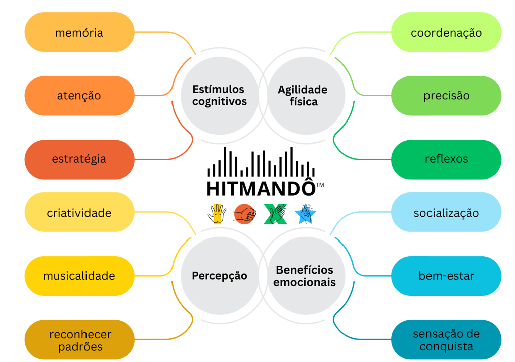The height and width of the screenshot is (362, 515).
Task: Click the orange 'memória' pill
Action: click(x=79, y=32)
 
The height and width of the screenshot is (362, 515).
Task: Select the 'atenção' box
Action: click(x=79, y=95)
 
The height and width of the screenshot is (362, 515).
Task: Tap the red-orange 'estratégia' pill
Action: click(x=79, y=159)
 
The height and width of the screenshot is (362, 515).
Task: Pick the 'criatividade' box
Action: click(x=79, y=212)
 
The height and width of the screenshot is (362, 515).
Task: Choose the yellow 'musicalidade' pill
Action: click(x=79, y=276)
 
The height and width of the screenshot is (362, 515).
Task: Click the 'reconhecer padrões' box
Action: click(x=79, y=340)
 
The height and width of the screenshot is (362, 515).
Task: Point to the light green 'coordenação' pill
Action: click(x=446, y=32)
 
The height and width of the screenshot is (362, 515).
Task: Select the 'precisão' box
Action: click(x=446, y=95)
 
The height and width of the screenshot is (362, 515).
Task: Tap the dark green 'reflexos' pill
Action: click(x=446, y=159)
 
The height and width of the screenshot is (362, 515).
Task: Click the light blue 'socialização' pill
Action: click(x=446, y=212)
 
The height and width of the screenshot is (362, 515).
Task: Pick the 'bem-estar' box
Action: click(x=446, y=276)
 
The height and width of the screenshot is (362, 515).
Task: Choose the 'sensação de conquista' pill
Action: click(x=446, y=340)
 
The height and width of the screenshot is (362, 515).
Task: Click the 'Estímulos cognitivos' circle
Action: click(x=219, y=95)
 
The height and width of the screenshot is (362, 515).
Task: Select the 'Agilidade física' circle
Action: click(x=303, y=95)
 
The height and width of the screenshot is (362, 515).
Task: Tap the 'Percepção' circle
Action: click(x=219, y=276)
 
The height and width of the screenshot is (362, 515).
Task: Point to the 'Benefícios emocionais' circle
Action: click(x=305, y=276)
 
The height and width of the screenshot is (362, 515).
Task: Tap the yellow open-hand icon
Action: click(x=217, y=214)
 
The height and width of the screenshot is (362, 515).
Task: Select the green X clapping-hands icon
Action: click(x=275, y=214)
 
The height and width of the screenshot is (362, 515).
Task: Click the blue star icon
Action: click(x=305, y=214)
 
